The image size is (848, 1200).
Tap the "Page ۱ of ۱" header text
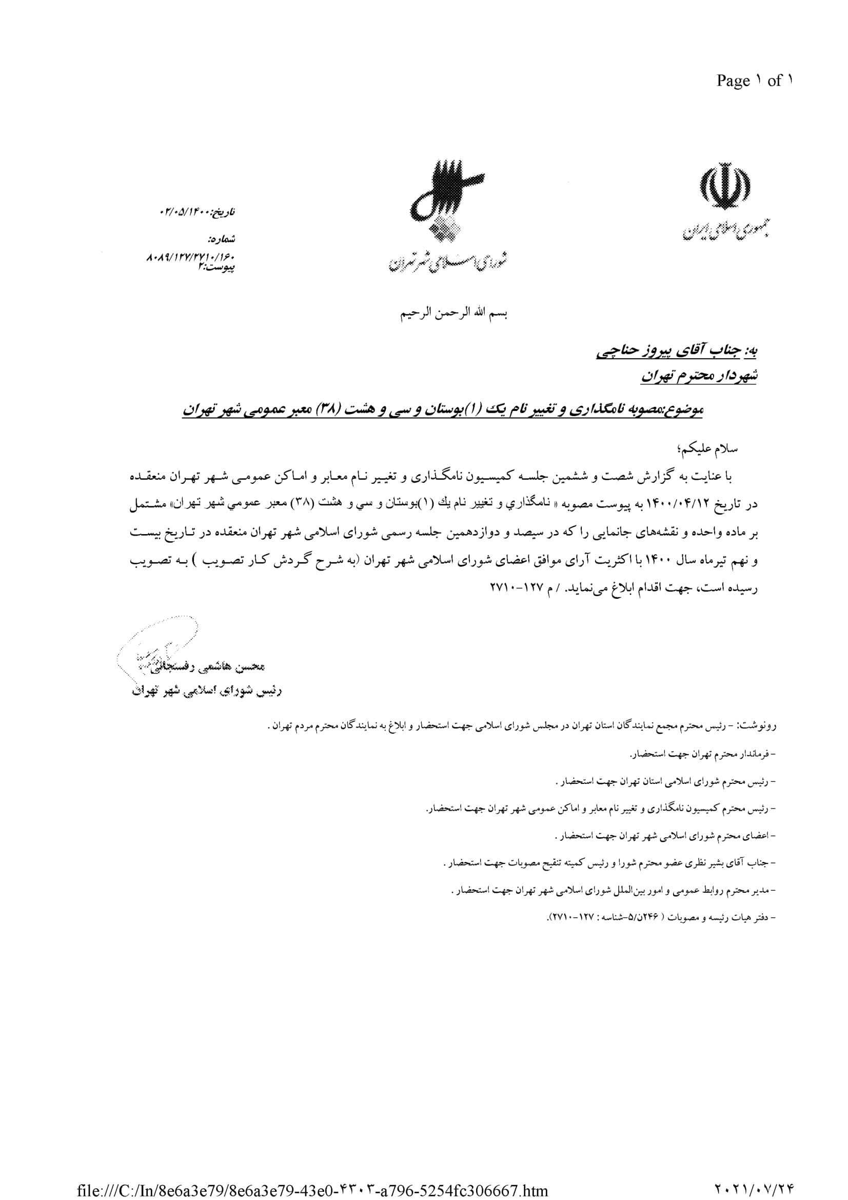(x=754, y=81)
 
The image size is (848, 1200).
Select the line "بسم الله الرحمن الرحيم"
(x=454, y=313)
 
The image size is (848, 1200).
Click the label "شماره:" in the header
(x=222, y=240)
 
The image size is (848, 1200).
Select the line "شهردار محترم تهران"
(x=699, y=375)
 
